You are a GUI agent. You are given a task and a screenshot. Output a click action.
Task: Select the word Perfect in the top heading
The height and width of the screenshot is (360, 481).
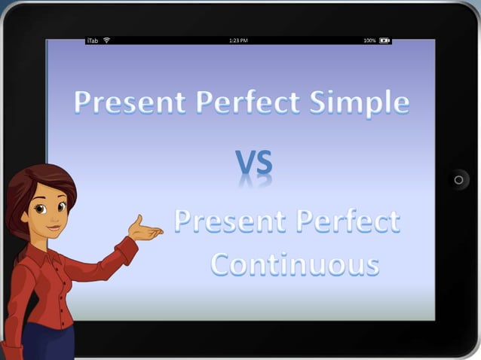pos(240,103)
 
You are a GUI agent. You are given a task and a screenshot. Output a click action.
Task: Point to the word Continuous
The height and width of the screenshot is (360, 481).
pos(295,264)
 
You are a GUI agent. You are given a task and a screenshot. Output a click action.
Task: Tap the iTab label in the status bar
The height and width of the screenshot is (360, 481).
pos(93,40)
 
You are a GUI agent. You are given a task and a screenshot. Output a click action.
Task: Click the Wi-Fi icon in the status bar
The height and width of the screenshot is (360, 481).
pos(107,40)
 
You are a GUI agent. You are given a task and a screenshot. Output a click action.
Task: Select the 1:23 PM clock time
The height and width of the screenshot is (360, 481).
pos(238,40)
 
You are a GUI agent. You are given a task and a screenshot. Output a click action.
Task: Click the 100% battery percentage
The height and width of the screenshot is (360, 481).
pos(369,40)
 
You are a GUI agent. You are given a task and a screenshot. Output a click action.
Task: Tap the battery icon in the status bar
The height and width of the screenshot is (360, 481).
pos(384,40)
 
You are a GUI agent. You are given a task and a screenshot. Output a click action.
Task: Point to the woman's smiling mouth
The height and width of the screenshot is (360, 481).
pos(54,225)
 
